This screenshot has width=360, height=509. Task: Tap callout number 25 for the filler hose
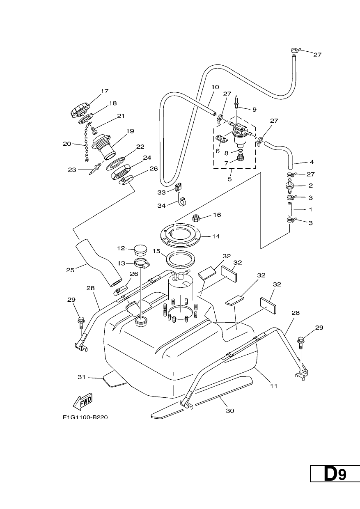[70, 270]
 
